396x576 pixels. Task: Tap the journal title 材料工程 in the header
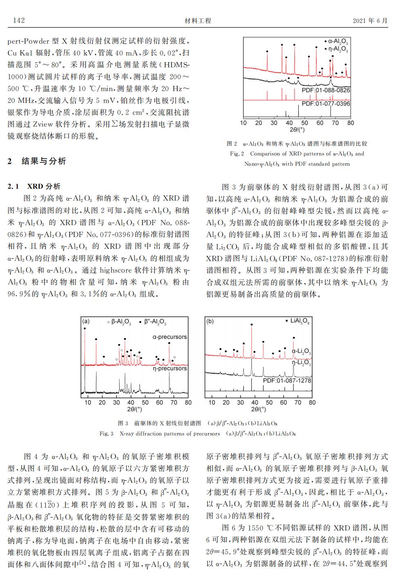pyautogui.click(x=198, y=21)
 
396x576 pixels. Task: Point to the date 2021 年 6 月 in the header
pyautogui.click(x=370, y=21)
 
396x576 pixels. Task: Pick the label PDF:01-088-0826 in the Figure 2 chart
pyautogui.click(x=326, y=90)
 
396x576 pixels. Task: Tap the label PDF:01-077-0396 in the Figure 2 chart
pyautogui.click(x=326, y=104)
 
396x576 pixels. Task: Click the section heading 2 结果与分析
pyautogui.click(x=37, y=161)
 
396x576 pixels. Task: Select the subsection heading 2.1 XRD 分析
pyautogui.click(x=34, y=186)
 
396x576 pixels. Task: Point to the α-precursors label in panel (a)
pyautogui.click(x=169, y=337)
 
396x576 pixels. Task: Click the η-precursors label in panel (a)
pyautogui.click(x=169, y=368)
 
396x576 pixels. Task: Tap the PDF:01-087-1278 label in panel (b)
pyautogui.click(x=287, y=381)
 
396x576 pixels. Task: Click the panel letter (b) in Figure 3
pyautogui.click(x=210, y=321)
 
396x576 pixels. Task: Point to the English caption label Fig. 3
pyautogui.click(x=106, y=434)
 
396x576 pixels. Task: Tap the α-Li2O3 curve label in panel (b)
pyautogui.click(x=301, y=352)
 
